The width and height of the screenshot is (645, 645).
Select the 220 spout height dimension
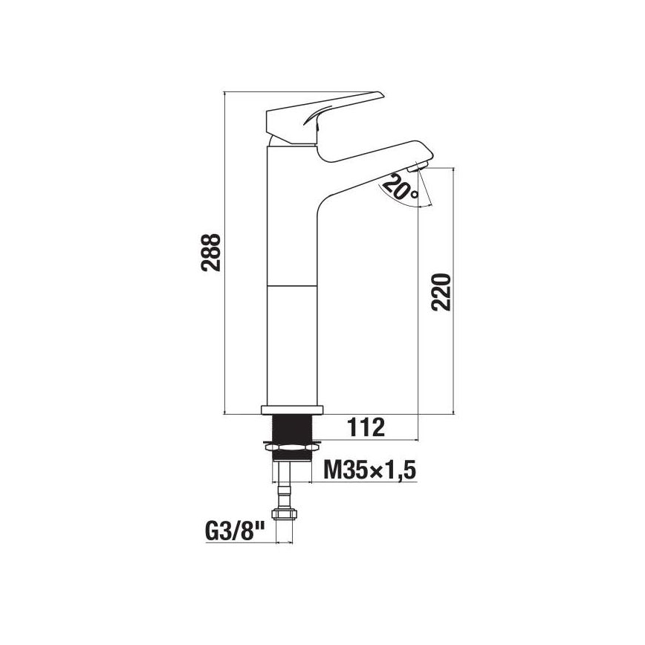[x=441, y=292]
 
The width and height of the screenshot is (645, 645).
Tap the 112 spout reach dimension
[x=366, y=428]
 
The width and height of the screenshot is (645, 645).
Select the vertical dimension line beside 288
[x=225, y=253]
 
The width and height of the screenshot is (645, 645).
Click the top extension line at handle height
[x=297, y=92]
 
